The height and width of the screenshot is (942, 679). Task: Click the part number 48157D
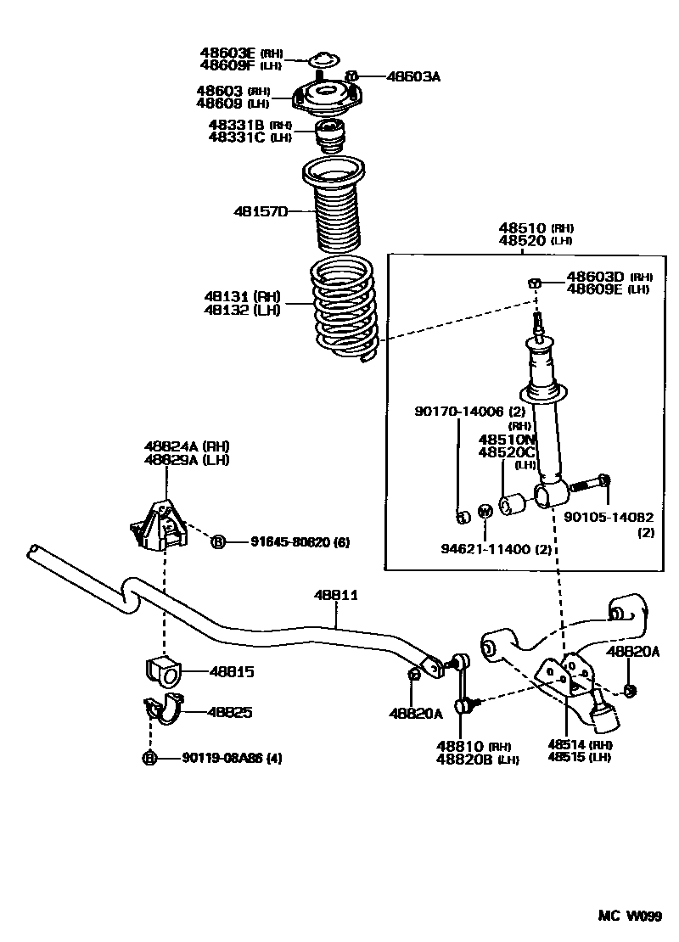pos(261,210)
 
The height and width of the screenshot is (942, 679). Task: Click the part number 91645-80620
pos(290,541)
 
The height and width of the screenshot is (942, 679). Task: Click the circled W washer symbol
pos(485,511)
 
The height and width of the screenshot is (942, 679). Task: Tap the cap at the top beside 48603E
pos(321,59)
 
